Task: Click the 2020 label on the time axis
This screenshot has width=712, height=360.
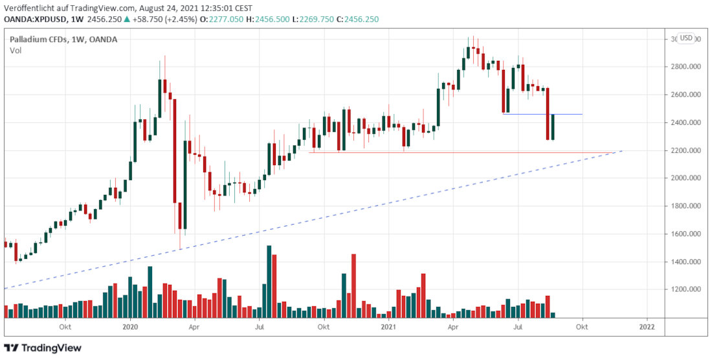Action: (130, 328)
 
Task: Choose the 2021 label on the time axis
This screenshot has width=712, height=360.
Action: (388, 328)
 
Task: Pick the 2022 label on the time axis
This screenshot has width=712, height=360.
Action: (647, 328)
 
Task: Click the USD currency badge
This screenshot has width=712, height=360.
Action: (686, 38)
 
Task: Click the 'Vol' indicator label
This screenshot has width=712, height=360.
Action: (15, 51)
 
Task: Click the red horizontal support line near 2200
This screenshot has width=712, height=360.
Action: (453, 153)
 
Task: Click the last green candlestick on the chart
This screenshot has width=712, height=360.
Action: (553, 126)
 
